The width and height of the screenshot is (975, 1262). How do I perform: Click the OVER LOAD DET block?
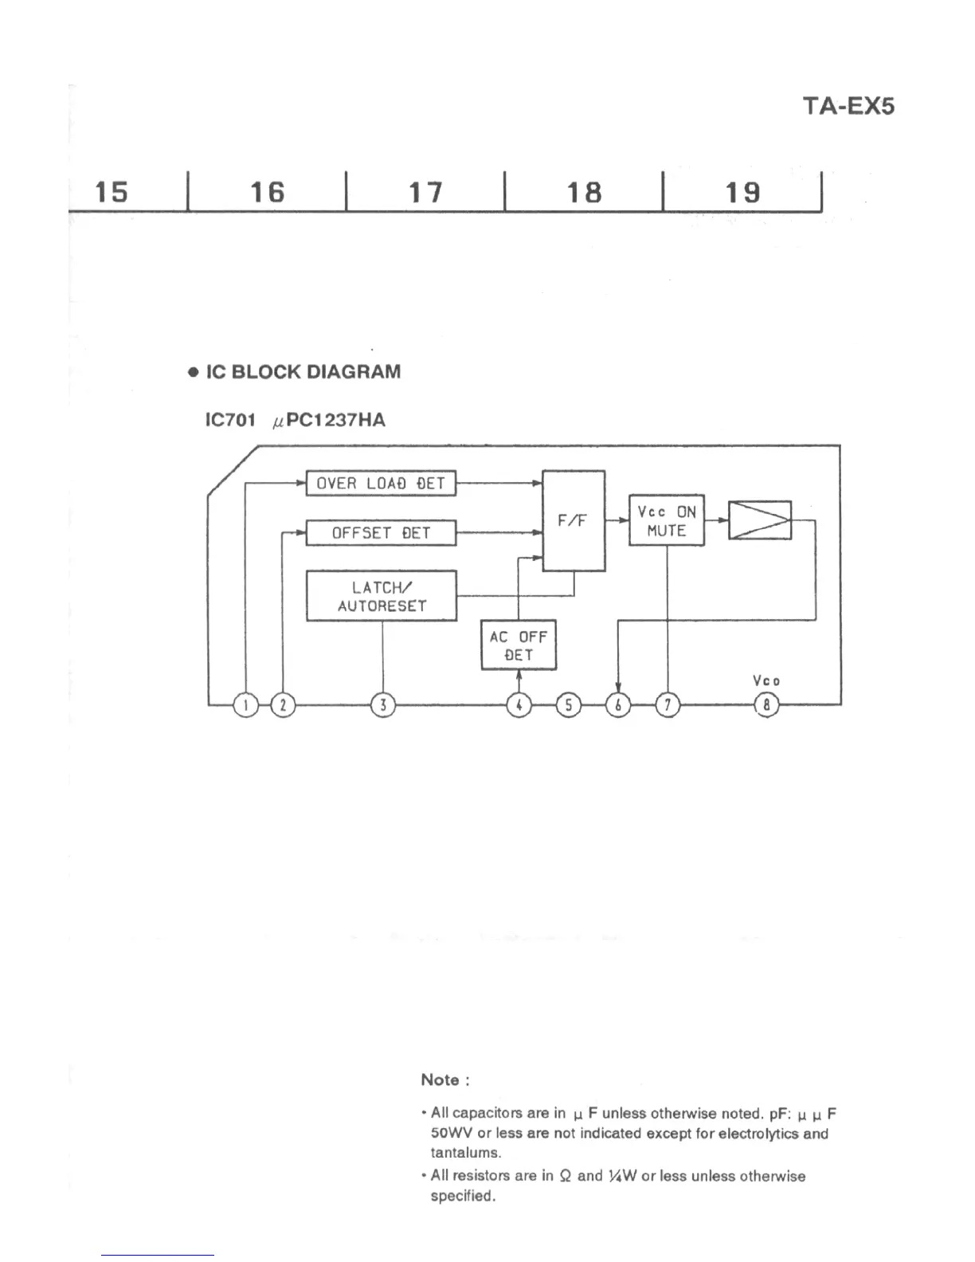(381, 483)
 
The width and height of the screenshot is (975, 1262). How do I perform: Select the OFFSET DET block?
(381, 532)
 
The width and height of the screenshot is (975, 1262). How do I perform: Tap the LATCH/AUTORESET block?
(381, 596)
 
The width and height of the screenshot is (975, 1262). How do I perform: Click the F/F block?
(573, 521)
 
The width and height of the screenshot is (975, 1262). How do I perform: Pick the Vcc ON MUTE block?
(667, 520)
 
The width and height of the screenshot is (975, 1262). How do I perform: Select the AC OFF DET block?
(519, 645)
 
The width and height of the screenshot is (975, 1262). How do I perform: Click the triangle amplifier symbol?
(760, 520)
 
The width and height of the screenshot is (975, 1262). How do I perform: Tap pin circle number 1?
(246, 705)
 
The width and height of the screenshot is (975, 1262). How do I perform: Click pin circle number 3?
(383, 705)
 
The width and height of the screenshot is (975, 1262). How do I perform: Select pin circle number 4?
(519, 705)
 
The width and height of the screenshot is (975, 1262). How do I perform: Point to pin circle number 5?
(568, 705)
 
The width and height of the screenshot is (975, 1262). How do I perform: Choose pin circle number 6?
(618, 705)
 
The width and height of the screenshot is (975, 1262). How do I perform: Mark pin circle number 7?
(668, 705)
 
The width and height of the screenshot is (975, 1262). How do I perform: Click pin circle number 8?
(766, 705)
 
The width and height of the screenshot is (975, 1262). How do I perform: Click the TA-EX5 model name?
(848, 106)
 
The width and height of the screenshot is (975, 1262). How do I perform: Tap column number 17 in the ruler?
(425, 192)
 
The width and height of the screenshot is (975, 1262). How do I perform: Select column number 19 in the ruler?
(742, 192)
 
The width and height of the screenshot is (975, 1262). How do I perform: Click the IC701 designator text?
(230, 420)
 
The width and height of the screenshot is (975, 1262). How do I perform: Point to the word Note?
(441, 1080)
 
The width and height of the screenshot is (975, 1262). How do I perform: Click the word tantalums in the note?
(465, 1153)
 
